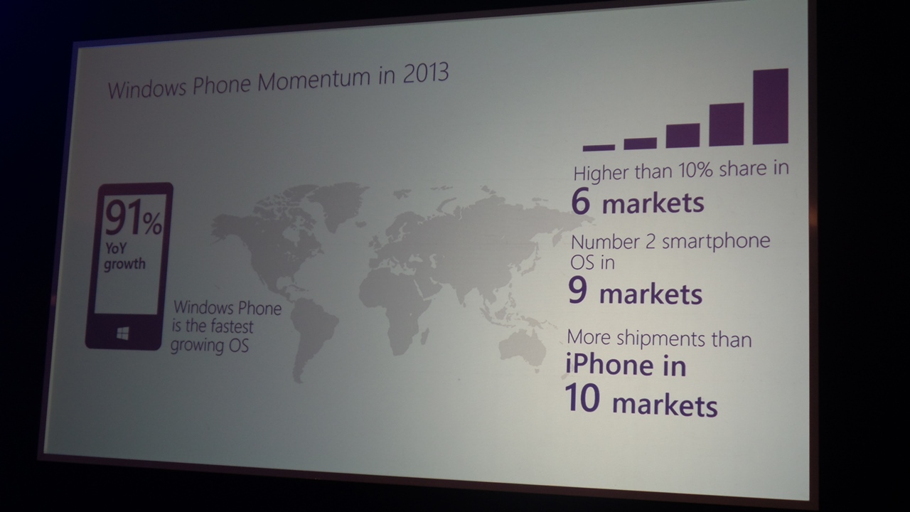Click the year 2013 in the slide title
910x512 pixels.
click(x=425, y=73)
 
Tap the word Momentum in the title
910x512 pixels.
click(x=314, y=80)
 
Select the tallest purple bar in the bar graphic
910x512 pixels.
click(x=771, y=106)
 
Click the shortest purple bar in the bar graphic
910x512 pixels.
click(x=599, y=147)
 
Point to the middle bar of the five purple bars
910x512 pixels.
click(x=683, y=135)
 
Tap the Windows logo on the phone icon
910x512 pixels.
click(x=123, y=334)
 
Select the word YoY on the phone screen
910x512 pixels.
click(x=116, y=248)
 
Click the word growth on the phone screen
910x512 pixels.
click(x=124, y=264)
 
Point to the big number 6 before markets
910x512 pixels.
click(x=580, y=202)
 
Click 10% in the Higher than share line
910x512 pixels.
click(x=695, y=170)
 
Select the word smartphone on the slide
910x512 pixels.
click(x=716, y=242)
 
